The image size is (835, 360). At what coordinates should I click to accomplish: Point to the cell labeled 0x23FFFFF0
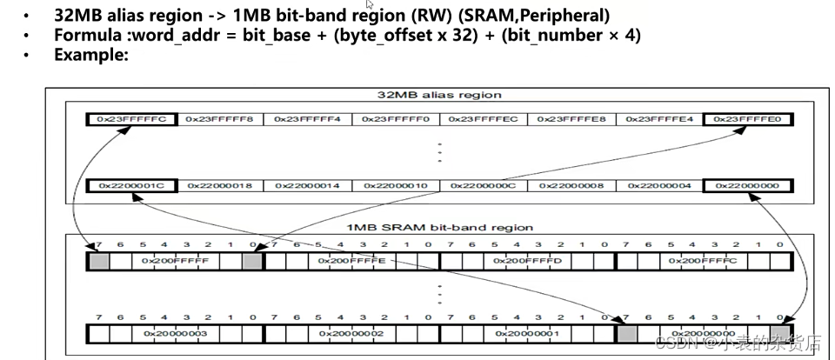(395, 118)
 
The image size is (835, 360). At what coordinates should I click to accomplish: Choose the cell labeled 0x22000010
(395, 185)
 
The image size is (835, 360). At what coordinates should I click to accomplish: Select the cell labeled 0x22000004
(659, 185)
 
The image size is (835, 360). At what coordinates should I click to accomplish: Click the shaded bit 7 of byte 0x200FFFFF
(98, 259)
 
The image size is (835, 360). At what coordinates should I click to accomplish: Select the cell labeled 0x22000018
(219, 185)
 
